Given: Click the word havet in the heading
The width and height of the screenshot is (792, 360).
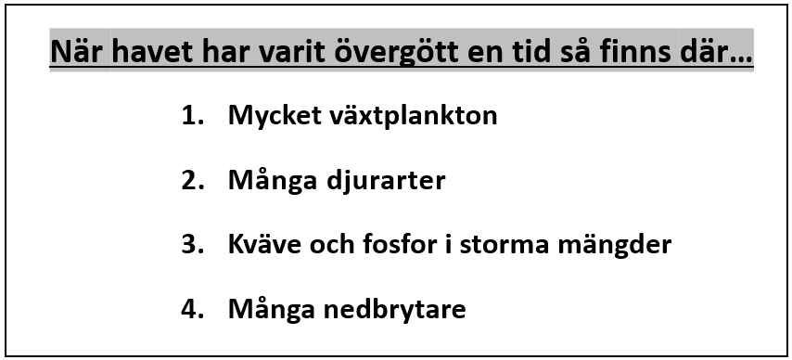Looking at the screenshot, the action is (x=152, y=51).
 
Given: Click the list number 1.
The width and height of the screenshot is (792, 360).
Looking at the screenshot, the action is (x=193, y=116).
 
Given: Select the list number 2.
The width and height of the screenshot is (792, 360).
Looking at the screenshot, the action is (x=193, y=180).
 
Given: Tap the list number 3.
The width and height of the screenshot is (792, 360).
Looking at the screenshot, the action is (x=193, y=244).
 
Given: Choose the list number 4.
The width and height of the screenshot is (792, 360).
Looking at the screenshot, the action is (x=193, y=309).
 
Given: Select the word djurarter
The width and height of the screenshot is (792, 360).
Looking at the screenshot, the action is (x=386, y=181).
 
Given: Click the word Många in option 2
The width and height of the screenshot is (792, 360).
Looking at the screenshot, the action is (x=273, y=181).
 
